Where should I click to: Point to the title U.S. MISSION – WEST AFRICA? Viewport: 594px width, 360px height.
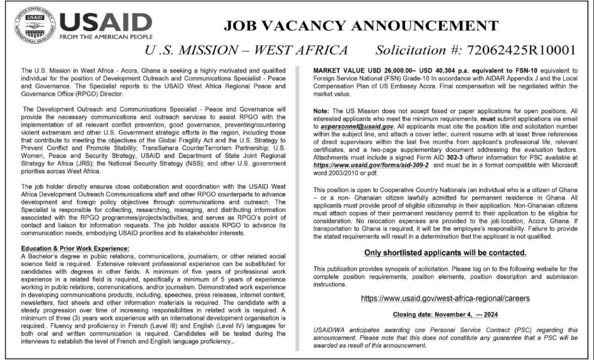pyautogui.click(x=246, y=51)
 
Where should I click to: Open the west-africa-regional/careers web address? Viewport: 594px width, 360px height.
pyautogui.click(x=446, y=298)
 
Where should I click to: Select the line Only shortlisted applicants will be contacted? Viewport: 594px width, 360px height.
pyautogui.click(x=446, y=253)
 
